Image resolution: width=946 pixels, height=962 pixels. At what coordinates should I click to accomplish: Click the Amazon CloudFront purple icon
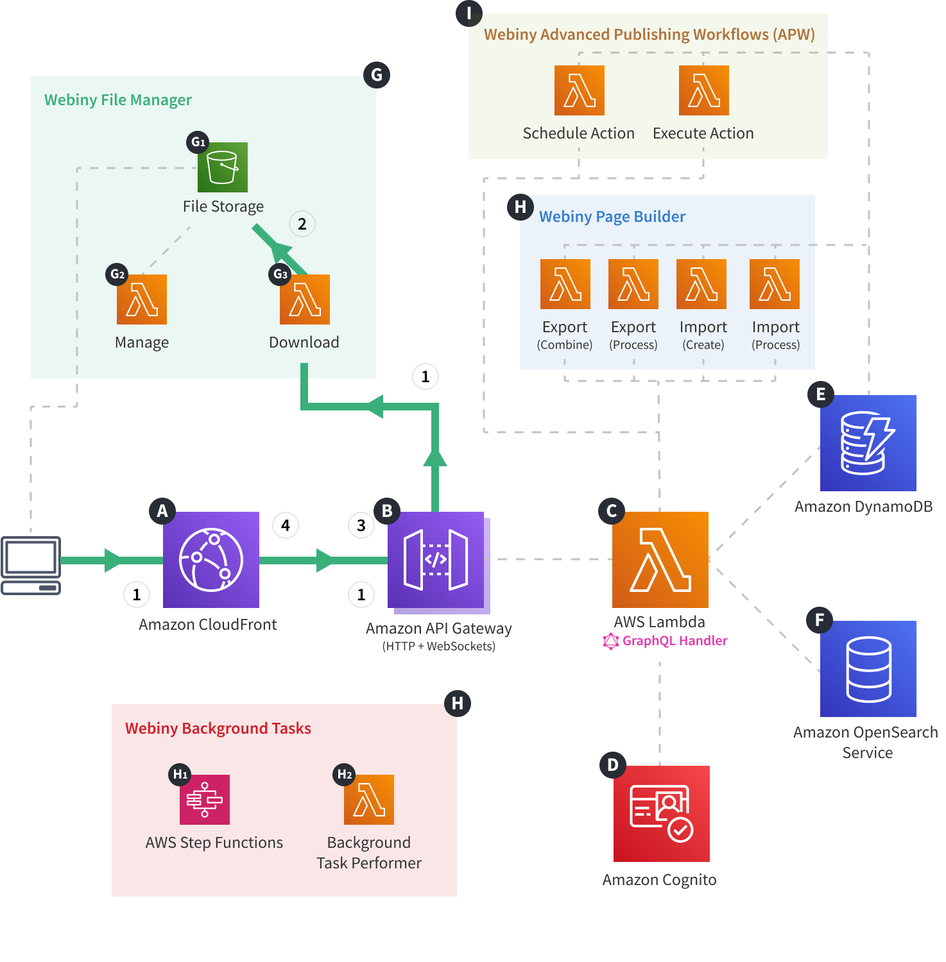pyautogui.click(x=211, y=559)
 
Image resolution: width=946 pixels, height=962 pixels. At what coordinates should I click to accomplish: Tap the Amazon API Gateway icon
pyautogui.click(x=436, y=559)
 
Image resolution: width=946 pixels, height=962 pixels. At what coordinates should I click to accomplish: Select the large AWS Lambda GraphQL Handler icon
pyautogui.click(x=660, y=559)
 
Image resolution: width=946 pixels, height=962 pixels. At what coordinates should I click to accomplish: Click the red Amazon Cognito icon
pyautogui.click(x=661, y=813)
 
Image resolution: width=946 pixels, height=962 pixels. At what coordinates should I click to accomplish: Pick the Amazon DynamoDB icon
pyautogui.click(x=868, y=443)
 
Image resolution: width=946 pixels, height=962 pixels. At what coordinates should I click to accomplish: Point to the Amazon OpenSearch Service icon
pyautogui.click(x=868, y=668)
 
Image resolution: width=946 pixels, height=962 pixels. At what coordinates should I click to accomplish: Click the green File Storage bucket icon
pyautogui.click(x=222, y=167)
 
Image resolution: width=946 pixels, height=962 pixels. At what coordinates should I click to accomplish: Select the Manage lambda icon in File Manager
pyautogui.click(x=142, y=300)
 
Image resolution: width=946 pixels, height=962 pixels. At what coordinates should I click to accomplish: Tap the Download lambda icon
pyautogui.click(x=305, y=300)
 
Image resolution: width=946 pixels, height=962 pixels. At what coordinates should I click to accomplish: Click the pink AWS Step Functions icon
pyautogui.click(x=205, y=800)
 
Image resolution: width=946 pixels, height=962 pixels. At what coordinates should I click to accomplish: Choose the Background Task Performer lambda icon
pyautogui.click(x=369, y=800)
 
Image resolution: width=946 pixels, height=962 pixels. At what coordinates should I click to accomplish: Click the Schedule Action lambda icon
pyautogui.click(x=579, y=90)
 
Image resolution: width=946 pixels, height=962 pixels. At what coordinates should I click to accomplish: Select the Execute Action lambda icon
pyautogui.click(x=703, y=90)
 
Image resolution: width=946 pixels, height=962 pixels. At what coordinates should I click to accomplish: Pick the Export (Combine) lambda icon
pyautogui.click(x=565, y=284)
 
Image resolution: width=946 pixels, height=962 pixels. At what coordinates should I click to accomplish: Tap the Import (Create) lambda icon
pyautogui.click(x=701, y=284)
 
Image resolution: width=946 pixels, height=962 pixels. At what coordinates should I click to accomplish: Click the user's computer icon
pyautogui.click(x=31, y=565)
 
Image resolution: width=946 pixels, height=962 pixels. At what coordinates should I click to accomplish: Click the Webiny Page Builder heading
pyautogui.click(x=612, y=217)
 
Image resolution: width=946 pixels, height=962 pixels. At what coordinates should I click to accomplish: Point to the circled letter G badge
pyautogui.click(x=377, y=75)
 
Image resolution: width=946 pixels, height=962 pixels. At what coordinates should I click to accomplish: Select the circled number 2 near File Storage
pyautogui.click(x=302, y=224)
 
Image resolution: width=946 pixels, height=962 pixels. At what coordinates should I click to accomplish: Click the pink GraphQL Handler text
pyautogui.click(x=675, y=641)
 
